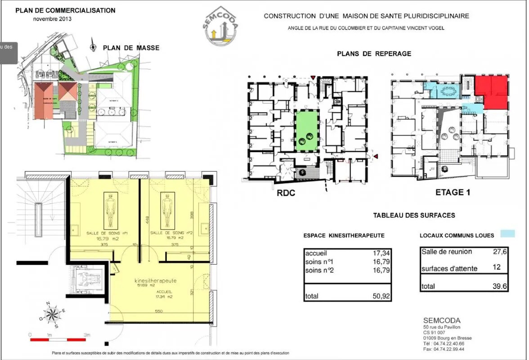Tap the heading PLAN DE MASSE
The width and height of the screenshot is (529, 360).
pos(131,48)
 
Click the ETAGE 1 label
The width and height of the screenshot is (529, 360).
pos(453,193)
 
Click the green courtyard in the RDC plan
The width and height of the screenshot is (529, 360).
pos(306,131)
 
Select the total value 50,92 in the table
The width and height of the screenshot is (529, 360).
pos(380,296)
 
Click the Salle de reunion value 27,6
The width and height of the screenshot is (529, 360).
pos(500,252)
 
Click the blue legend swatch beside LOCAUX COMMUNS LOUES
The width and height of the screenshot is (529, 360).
pos(508,234)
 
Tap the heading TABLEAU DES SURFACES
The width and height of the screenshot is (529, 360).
pos(414,216)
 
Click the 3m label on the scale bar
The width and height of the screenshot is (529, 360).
pos(86,335)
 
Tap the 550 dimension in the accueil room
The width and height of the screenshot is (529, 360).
pos(159,311)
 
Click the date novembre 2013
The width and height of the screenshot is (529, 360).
pos(52,19)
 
